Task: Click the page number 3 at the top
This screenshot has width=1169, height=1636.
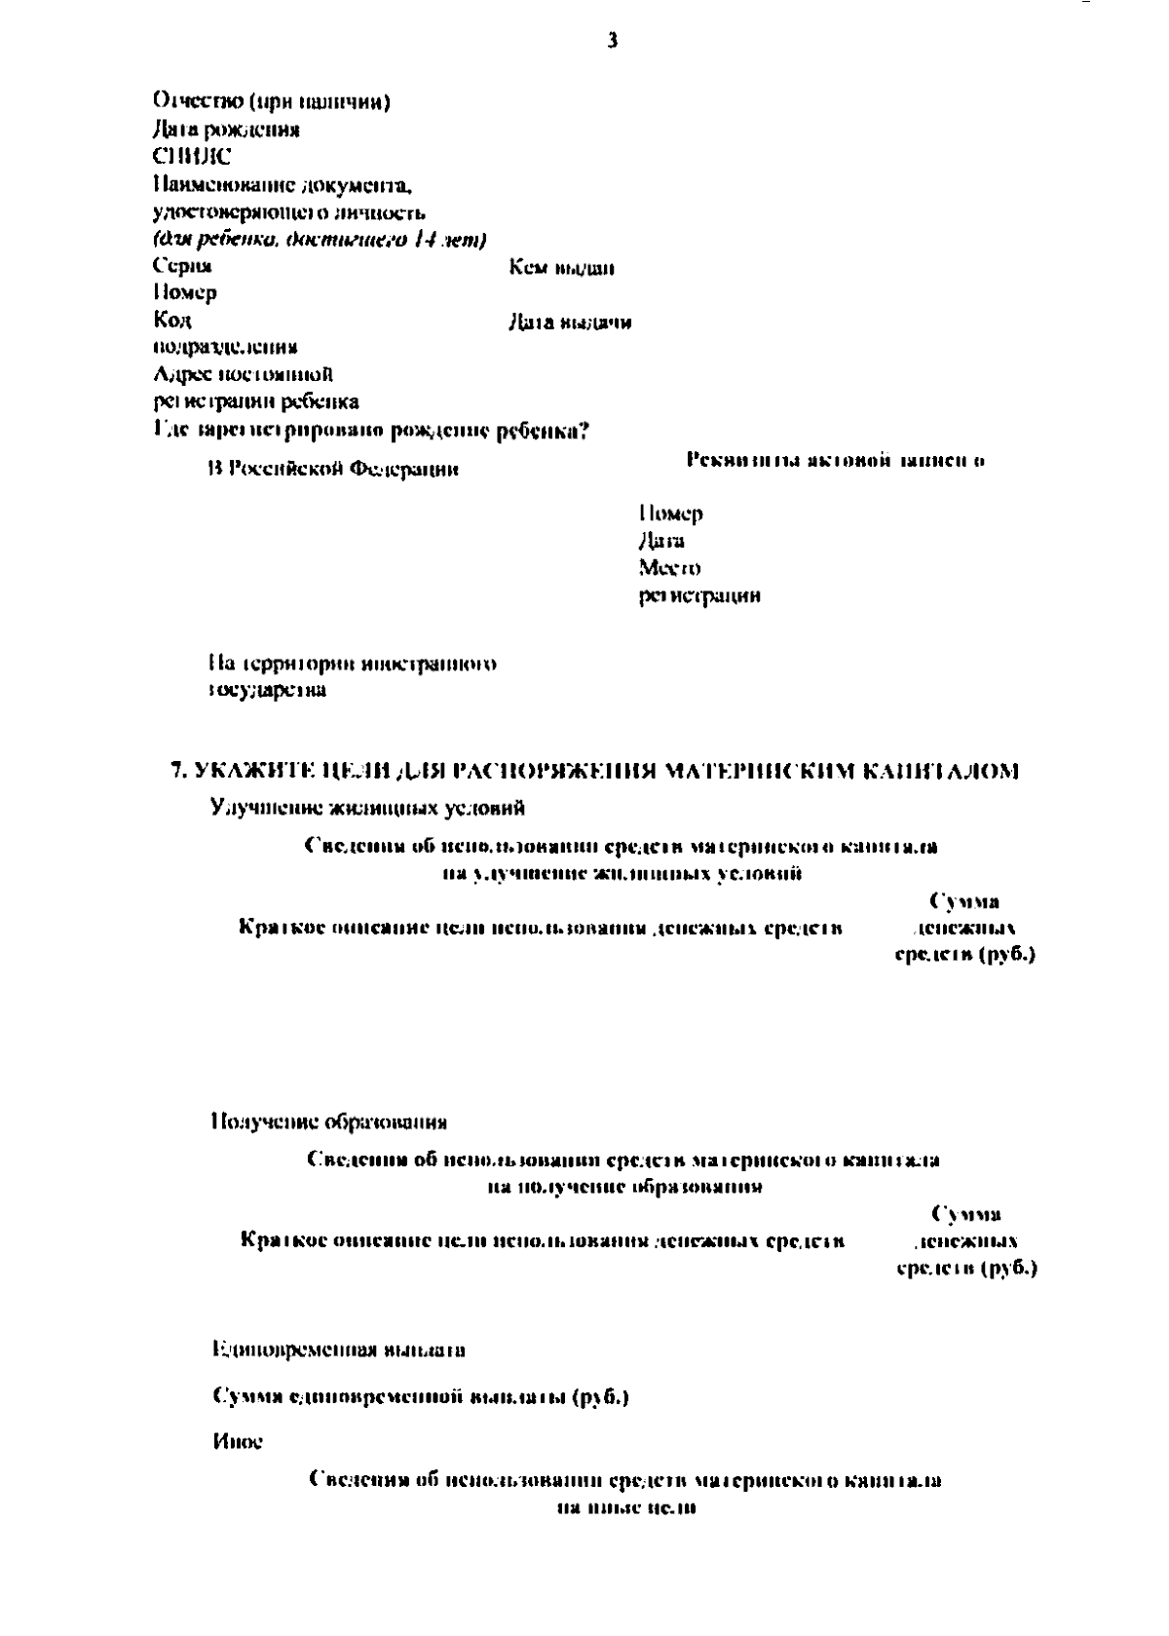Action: [x=612, y=40]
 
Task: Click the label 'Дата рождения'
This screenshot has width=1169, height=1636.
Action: [x=226, y=129]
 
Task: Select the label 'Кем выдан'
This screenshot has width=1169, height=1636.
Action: [x=561, y=267]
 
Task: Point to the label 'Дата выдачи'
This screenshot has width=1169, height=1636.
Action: [x=569, y=323]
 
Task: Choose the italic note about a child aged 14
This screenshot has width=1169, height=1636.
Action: [x=321, y=239]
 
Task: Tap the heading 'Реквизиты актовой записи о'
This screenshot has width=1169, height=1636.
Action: [x=835, y=460]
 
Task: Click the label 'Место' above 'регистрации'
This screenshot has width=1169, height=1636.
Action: [x=670, y=567]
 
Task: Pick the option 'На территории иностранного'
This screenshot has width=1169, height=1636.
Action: [x=353, y=665]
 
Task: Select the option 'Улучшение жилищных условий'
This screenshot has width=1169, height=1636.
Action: [x=369, y=807]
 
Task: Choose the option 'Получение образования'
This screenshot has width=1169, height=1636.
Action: [x=329, y=1122]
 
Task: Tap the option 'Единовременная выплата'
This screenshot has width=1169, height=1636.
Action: [x=338, y=1350]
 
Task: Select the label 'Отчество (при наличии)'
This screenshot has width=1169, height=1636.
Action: [x=273, y=101]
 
